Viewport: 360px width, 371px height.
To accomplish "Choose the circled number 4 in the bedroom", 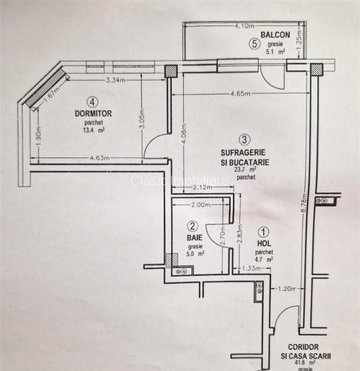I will coord(93,102).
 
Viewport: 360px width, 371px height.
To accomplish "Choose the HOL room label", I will coord(264,243).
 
